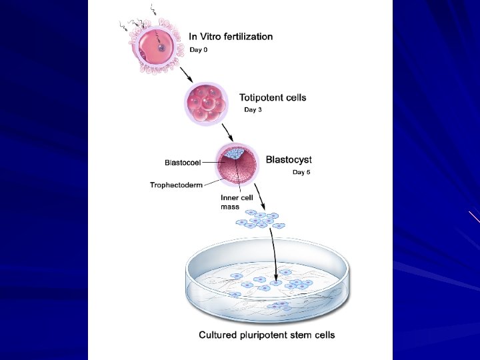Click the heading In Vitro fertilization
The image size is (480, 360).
[231, 37]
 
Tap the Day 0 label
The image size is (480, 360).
[199, 50]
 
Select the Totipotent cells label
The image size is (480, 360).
[273, 97]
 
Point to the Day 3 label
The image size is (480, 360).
[253, 109]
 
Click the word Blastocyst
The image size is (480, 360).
[289, 159]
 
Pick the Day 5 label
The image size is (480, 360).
[302, 172]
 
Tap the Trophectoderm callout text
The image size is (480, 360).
[176, 185]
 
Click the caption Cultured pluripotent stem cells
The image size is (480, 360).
[267, 335]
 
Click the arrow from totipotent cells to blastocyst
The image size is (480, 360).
[227, 131]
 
